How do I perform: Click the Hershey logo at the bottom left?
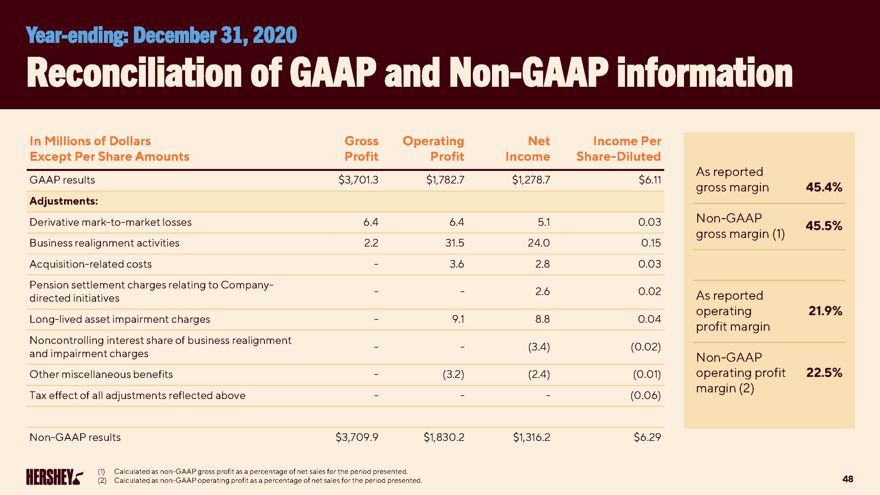(54, 477)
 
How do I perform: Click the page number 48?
(848, 479)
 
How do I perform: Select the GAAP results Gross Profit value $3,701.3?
(358, 180)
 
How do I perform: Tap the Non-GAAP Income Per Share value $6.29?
(647, 437)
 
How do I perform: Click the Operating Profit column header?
(433, 148)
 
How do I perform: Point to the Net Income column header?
(528, 148)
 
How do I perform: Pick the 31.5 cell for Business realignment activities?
(455, 243)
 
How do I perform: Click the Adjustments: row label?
(64, 201)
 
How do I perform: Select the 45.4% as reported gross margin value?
(824, 187)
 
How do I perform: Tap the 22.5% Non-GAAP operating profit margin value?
(824, 373)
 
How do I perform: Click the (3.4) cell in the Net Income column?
(539, 347)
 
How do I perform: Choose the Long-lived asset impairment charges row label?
(119, 319)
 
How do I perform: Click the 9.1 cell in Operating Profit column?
(458, 319)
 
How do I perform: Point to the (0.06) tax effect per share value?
(645, 396)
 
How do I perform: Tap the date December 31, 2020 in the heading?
(215, 35)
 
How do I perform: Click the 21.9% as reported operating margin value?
(825, 311)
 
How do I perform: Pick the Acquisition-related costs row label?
(90, 264)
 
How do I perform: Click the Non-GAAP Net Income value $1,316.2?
(532, 437)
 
